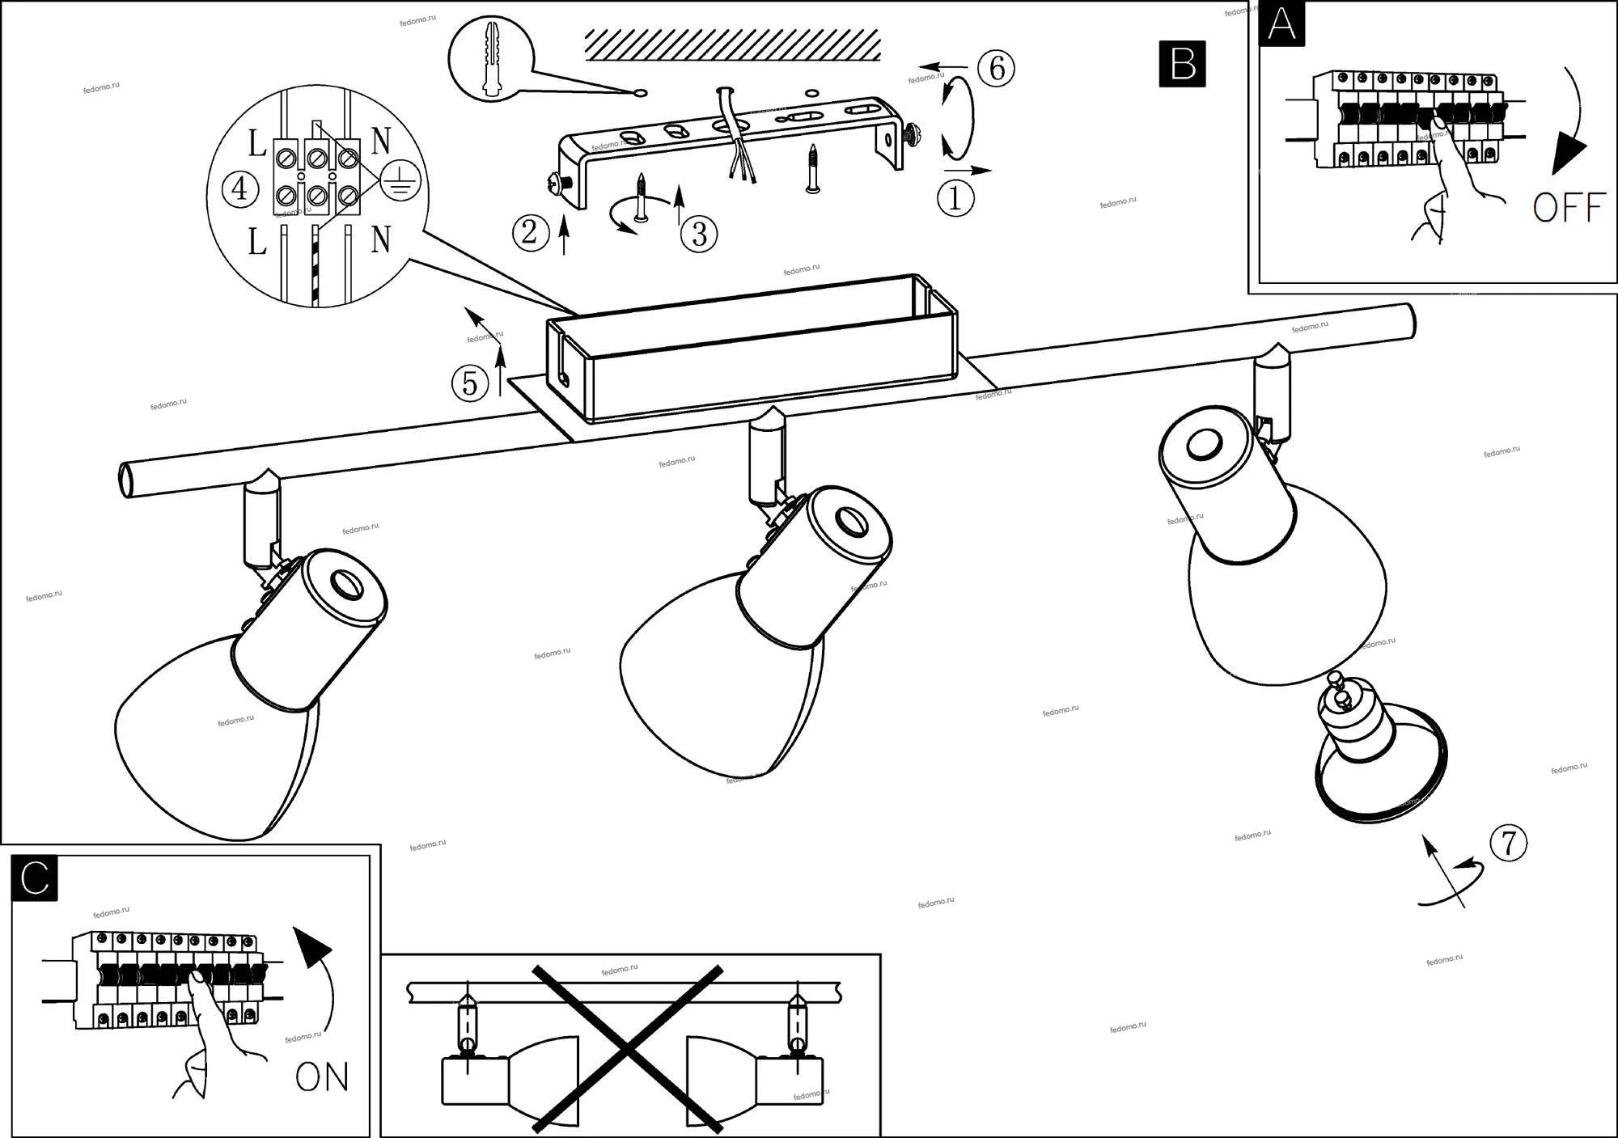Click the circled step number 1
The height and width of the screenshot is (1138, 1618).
click(x=955, y=198)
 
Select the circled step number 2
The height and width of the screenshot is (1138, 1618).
click(x=531, y=233)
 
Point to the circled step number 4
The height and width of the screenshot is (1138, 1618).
click(x=239, y=190)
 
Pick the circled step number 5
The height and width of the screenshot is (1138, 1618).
click(x=470, y=383)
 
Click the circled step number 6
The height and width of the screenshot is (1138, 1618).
click(x=997, y=69)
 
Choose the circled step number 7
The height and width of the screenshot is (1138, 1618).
click(x=1508, y=843)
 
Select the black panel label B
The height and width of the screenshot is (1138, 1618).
click(x=1182, y=63)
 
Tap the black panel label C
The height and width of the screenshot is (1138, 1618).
click(x=35, y=878)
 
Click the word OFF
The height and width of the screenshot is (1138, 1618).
click(x=1568, y=208)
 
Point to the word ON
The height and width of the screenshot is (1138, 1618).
click(x=322, y=1077)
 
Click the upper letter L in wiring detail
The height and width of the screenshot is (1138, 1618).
click(x=256, y=145)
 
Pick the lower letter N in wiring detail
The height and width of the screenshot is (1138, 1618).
click(x=380, y=239)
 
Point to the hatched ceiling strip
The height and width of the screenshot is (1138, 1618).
click(x=732, y=44)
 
